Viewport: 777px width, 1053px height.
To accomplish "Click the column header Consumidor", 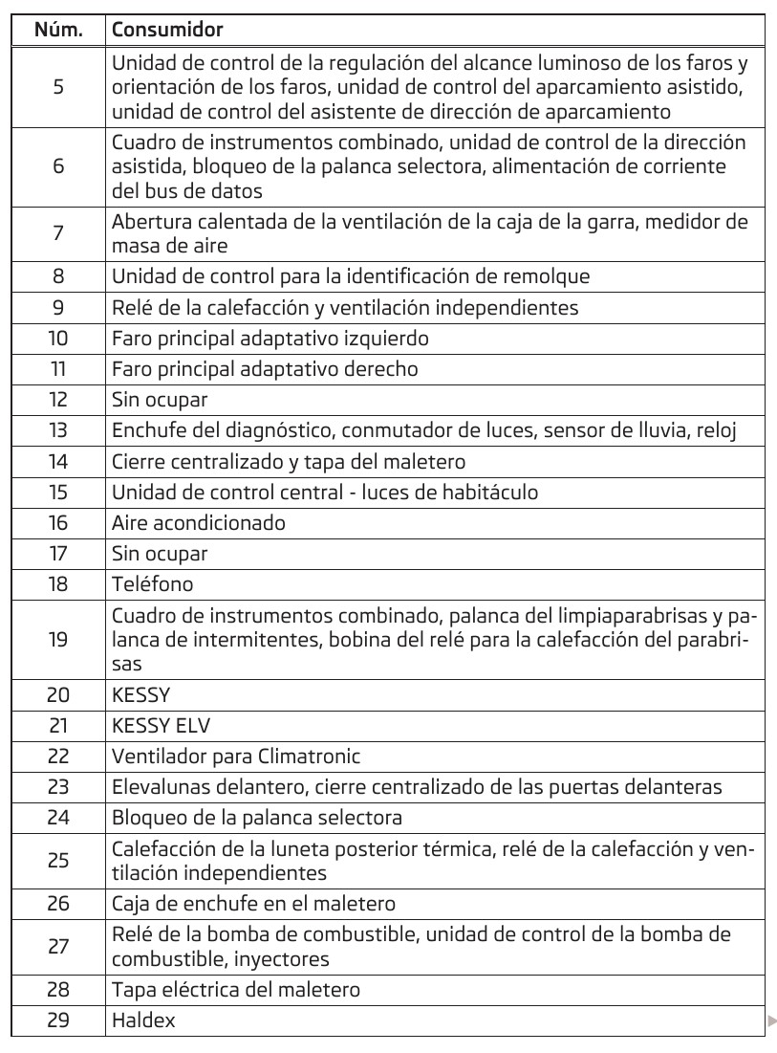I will [167, 30].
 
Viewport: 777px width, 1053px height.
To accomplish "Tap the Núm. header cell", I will [58, 30].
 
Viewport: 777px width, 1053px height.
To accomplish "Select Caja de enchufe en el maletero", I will [253, 903].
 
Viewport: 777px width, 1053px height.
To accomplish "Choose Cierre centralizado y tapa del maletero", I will [289, 461].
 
